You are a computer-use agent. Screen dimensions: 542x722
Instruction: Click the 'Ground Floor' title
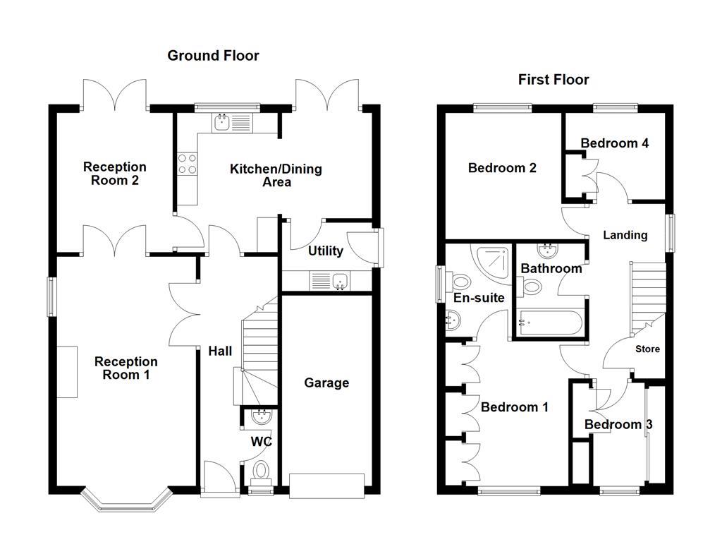(213, 55)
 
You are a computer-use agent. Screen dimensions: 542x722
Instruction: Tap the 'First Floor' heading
(553, 80)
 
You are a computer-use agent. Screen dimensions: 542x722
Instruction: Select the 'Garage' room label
(326, 383)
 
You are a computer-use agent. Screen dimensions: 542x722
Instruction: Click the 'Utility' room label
(326, 251)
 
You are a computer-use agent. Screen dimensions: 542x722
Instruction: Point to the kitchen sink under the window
(231, 122)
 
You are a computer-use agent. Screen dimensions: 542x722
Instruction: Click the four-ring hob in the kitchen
(188, 164)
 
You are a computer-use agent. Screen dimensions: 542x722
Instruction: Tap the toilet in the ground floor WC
(261, 469)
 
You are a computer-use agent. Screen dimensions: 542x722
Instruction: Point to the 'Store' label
(647, 349)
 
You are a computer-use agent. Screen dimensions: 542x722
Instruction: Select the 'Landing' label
(625, 235)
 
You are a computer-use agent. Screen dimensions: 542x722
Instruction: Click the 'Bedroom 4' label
(614, 143)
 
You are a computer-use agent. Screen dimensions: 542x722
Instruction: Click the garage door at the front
(326, 485)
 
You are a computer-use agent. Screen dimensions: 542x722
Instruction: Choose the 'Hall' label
(219, 351)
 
